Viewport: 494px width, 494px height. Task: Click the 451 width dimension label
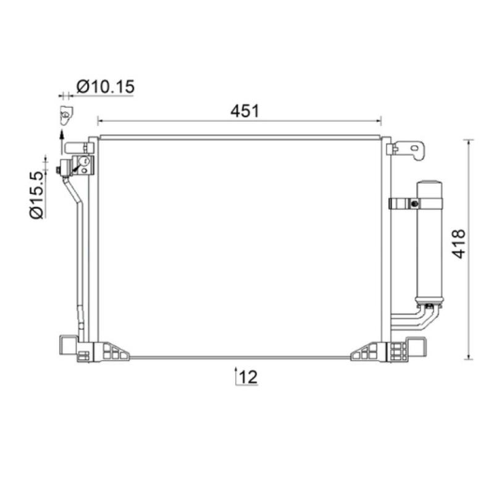pyautogui.click(x=245, y=111)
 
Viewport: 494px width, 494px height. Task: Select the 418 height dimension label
pyautogui.click(x=458, y=245)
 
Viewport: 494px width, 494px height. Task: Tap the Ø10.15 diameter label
pyautogui.click(x=106, y=86)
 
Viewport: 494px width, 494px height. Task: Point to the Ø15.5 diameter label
pyautogui.click(x=36, y=195)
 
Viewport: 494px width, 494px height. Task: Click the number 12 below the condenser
pyautogui.click(x=248, y=377)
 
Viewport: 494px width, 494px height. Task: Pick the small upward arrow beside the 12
pyautogui.click(x=236, y=375)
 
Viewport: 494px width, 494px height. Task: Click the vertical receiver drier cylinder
pyautogui.click(x=429, y=243)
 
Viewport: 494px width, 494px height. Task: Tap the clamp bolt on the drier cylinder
pyautogui.click(x=414, y=204)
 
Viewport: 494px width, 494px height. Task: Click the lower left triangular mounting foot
pyautogui.click(x=112, y=351)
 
